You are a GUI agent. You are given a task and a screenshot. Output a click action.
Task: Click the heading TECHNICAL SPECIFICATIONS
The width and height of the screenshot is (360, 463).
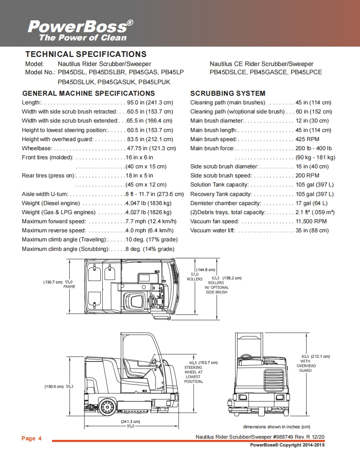(86, 54)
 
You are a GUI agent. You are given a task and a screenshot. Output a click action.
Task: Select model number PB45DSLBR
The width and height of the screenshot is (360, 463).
(106, 72)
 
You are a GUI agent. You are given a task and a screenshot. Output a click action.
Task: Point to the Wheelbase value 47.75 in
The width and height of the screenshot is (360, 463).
(151, 148)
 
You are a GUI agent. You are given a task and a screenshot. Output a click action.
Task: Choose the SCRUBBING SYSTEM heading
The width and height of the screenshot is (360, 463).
(227, 93)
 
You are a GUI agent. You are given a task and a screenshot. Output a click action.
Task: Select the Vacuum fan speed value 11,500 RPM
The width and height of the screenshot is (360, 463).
(311, 221)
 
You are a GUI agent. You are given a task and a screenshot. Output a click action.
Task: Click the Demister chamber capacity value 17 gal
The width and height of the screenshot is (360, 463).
(311, 203)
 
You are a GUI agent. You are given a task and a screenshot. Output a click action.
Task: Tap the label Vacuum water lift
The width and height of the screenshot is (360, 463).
(212, 230)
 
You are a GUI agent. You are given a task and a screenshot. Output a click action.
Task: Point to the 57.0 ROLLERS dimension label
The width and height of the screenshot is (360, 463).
(194, 276)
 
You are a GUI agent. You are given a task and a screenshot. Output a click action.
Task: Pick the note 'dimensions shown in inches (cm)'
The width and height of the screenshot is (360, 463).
(276, 427)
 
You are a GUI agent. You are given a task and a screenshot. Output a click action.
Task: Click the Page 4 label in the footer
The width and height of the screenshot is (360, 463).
(31, 438)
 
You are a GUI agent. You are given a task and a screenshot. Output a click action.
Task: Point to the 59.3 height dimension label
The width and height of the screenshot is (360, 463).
(69, 387)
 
